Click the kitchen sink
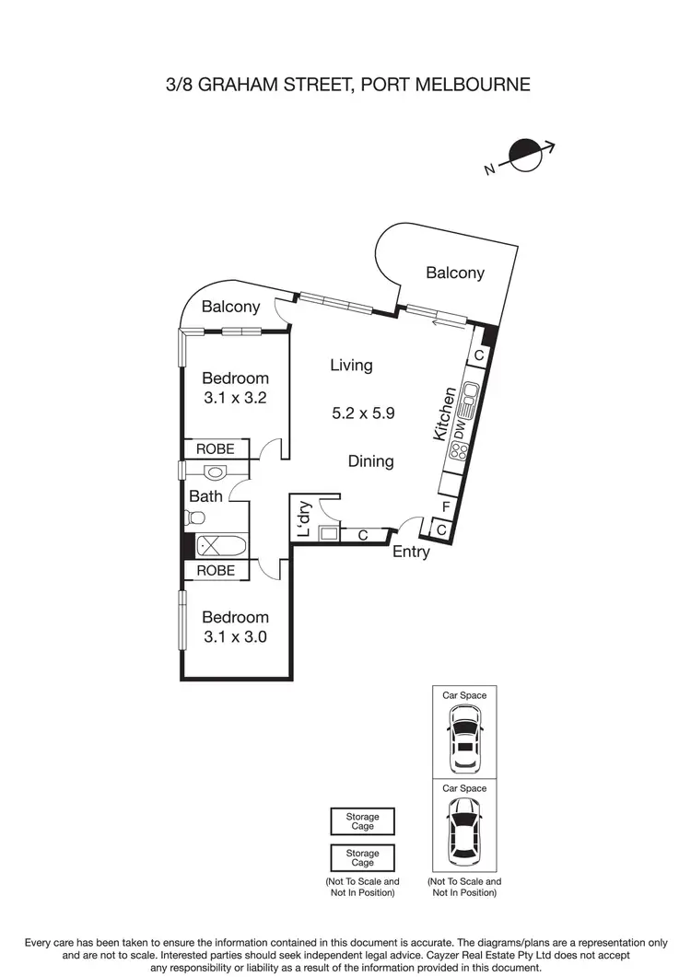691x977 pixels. point(470,397)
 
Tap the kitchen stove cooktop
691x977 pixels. point(458,451)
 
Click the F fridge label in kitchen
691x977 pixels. point(446,506)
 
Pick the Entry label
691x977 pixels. point(411,552)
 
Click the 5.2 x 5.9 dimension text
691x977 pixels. point(363,413)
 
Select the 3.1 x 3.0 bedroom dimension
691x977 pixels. point(235,636)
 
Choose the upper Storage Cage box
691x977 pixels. point(362,821)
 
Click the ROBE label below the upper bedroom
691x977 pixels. point(216,449)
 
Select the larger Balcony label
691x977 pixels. point(454,273)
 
